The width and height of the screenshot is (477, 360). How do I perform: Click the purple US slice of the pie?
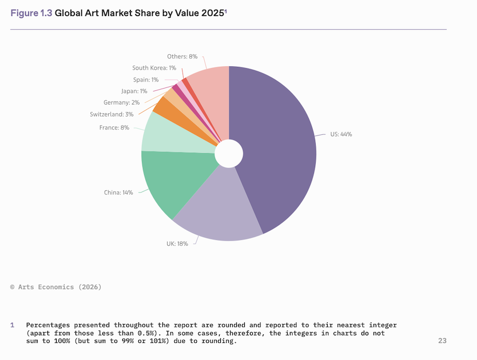277,149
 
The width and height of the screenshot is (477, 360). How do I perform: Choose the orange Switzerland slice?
166,106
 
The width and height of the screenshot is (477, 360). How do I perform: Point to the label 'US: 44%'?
341,134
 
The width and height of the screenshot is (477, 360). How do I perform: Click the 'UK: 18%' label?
177,243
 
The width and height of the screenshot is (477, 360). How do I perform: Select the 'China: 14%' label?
118,193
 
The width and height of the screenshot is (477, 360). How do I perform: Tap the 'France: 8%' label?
114,127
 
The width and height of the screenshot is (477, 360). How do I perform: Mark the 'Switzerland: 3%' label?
112,114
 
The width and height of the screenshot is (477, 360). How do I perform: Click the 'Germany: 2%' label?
122,102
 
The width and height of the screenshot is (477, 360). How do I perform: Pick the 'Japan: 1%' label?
134,91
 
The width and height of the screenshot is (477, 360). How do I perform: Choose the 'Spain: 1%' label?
146,79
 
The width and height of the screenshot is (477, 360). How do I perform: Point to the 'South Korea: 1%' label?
154,67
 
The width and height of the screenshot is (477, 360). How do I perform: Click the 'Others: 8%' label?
182,57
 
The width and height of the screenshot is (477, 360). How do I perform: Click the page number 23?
442,341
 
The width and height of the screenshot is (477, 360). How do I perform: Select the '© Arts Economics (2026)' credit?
55,287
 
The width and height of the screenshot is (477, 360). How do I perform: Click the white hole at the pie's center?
229,154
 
